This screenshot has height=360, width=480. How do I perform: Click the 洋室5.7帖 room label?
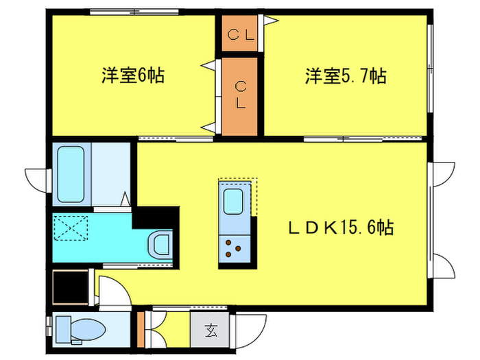[345, 76]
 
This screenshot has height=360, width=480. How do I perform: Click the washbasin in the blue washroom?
[162, 243]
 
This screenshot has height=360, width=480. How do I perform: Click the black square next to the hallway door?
[71, 287]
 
